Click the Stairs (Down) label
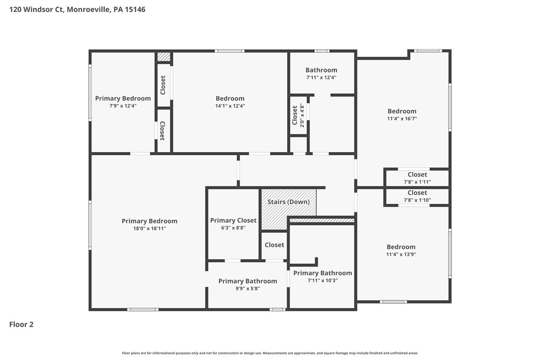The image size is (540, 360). point(288,202)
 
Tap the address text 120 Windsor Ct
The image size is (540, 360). point(36,9)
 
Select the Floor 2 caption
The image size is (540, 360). point(21,324)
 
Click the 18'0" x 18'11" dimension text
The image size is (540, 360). point(150,228)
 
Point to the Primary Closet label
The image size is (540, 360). point(233,220)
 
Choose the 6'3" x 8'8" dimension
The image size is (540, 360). point(233,228)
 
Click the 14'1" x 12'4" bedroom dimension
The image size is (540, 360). point(230,106)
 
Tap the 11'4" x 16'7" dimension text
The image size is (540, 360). point(402,118)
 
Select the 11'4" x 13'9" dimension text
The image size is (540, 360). point(401,254)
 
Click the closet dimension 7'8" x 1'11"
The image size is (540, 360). point(417,182)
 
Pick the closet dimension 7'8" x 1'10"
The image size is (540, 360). point(417,200)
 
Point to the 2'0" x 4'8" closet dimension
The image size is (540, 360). point(302,115)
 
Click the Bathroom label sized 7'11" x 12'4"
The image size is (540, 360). point(321,70)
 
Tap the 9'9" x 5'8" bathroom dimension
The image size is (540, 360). point(248,289)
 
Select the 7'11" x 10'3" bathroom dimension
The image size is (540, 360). point(323,280)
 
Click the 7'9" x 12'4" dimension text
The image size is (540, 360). point(123,106)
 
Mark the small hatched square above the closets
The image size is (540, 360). point(164,57)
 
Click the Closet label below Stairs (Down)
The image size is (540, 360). point(274,245)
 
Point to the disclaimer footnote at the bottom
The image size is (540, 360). point(270,353)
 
